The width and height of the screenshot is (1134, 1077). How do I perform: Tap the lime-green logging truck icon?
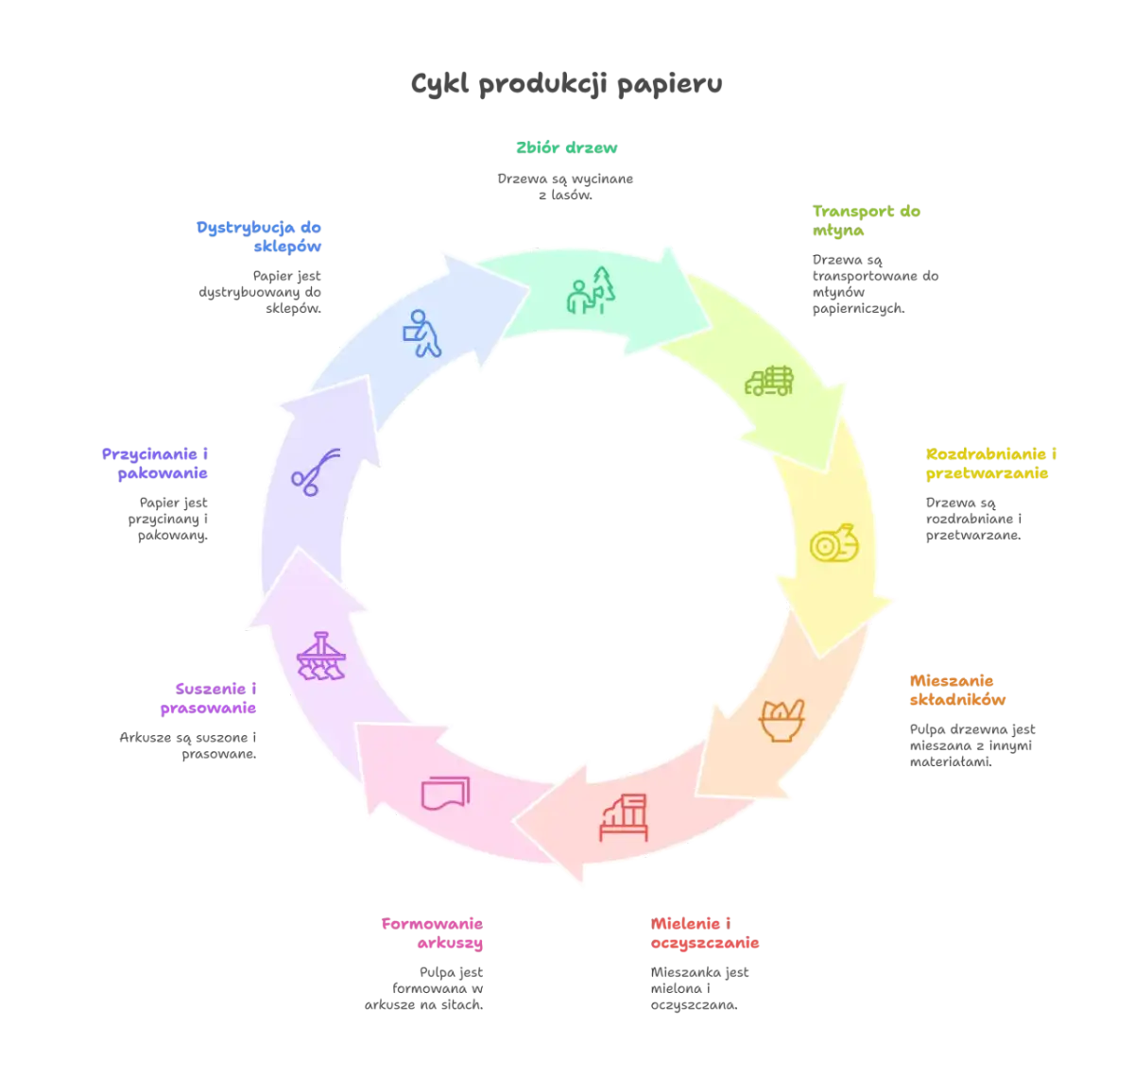pos(768,380)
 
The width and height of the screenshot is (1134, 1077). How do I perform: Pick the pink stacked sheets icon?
pos(445,791)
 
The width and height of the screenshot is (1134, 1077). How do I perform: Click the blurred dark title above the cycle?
pos(567,85)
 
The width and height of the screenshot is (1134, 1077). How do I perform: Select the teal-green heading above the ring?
pos(566,148)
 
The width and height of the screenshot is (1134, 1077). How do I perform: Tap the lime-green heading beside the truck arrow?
pos(866,220)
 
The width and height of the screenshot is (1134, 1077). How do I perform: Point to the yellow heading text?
pos(989,463)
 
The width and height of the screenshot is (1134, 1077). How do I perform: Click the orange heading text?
pos(956,690)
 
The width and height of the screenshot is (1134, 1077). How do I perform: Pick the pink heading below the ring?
pos(431,933)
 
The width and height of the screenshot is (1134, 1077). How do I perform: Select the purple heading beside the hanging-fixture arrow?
pos(208,697)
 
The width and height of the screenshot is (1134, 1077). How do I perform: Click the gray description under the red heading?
pos(702,986)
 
